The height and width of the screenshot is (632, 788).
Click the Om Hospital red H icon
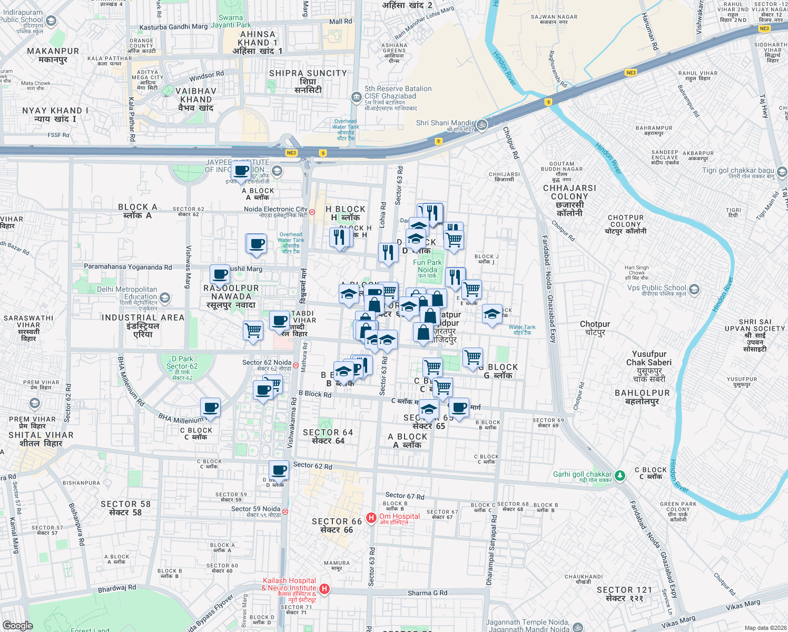[371, 518]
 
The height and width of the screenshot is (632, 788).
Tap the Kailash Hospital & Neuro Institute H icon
[324, 588]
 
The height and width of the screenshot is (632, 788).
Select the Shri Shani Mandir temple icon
[482, 125]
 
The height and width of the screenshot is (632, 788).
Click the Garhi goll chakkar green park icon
[620, 476]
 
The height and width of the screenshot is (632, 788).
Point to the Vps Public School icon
[694, 289]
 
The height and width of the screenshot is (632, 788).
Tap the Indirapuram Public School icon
[51, 21]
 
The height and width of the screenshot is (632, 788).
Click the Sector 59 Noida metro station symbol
[285, 511]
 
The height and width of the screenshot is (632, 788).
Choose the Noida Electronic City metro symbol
[312, 212]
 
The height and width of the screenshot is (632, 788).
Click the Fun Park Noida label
[427, 266]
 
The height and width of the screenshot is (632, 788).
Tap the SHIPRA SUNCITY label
[308, 73]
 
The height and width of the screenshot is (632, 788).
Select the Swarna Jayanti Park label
[231, 21]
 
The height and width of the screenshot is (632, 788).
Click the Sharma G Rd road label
[427, 593]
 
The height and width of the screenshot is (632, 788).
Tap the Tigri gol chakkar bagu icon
[782, 172]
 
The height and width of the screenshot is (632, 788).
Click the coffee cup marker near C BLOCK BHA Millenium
[210, 408]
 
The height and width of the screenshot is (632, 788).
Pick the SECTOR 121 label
[624, 590]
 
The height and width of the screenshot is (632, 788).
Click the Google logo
[18, 625]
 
